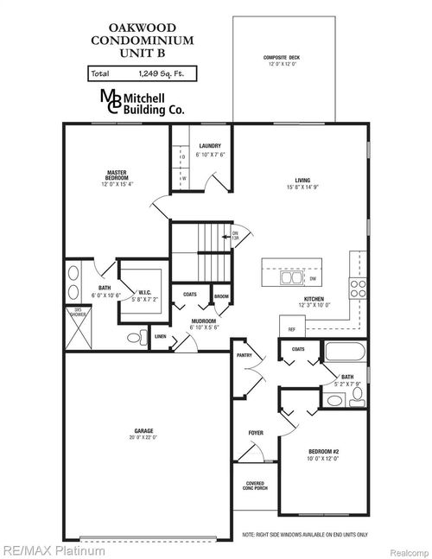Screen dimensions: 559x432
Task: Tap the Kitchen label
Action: coord(314,301)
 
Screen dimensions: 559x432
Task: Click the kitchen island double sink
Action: coord(289,278)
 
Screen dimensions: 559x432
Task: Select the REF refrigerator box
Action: coord(291,328)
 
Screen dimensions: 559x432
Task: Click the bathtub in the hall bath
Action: coord(346,354)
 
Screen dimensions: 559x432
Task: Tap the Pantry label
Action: coord(244,354)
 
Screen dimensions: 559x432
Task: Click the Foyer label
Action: coord(256,432)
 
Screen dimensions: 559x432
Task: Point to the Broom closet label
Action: coord(221,295)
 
